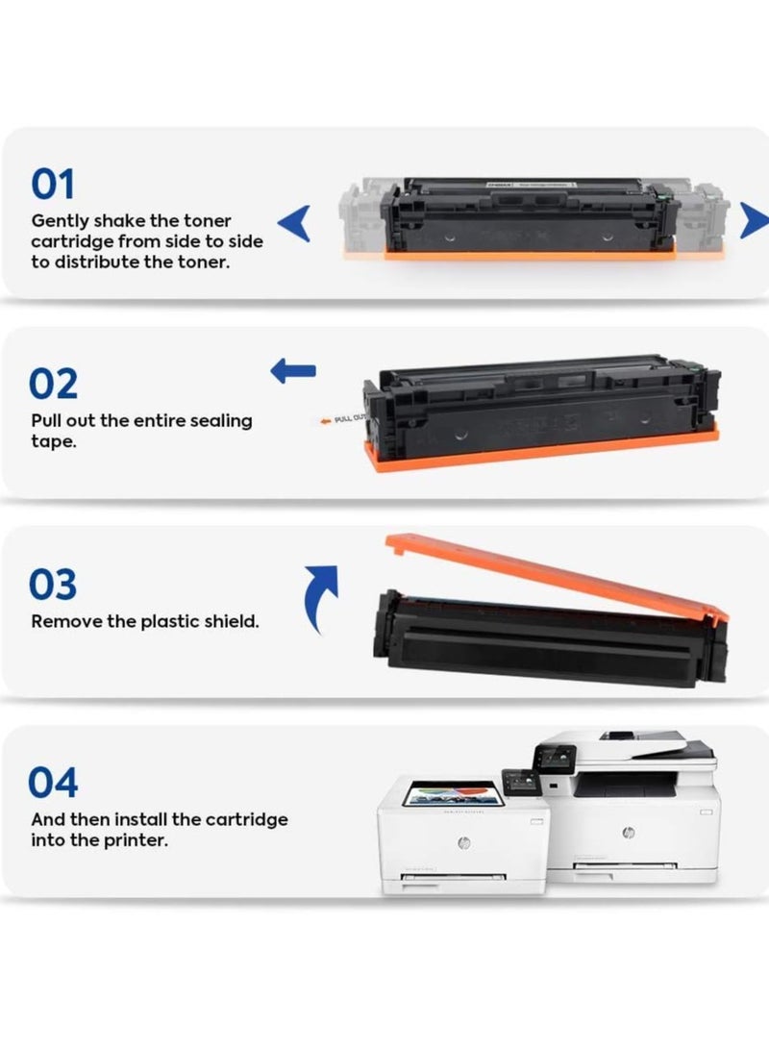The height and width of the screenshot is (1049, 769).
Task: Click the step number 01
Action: click(53, 185)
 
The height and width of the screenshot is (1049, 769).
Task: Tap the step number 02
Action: click(53, 385)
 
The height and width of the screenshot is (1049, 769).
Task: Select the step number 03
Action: click(53, 585)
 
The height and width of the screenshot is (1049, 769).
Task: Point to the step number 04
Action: click(53, 784)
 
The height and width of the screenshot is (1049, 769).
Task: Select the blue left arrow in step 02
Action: click(292, 371)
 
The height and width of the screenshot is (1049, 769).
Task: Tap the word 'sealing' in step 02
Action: click(220, 420)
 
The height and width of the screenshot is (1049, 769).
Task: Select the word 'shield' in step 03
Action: click(230, 621)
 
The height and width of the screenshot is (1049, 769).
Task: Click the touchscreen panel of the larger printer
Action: click(558, 756)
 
